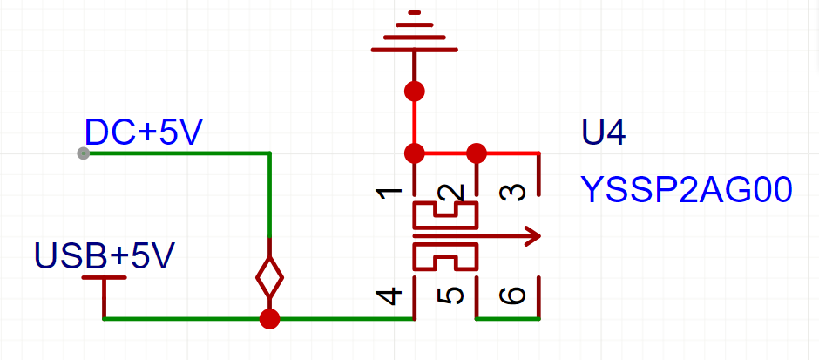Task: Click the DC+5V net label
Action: (x=144, y=132)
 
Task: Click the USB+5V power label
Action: (x=105, y=255)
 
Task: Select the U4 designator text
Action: (x=604, y=132)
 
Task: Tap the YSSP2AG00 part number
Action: (x=687, y=189)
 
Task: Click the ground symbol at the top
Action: (x=415, y=35)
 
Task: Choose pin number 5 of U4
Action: (x=450, y=295)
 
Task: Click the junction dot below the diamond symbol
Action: (x=270, y=319)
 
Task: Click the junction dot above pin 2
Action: (x=476, y=154)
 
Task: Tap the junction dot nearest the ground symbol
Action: (x=415, y=90)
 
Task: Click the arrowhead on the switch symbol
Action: (x=531, y=234)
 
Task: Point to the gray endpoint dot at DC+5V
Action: (x=83, y=153)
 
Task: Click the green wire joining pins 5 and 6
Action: (x=508, y=319)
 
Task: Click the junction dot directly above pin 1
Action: (x=415, y=154)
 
